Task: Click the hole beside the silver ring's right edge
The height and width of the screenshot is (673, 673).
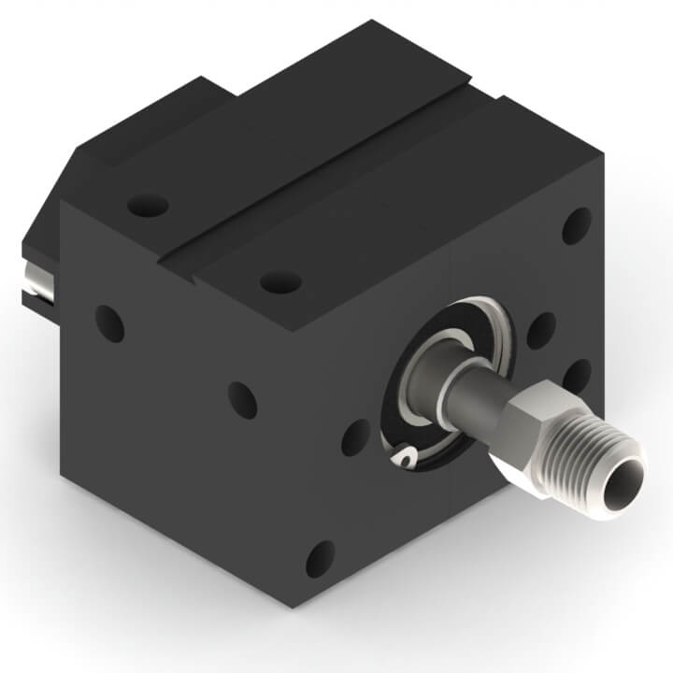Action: [540, 330]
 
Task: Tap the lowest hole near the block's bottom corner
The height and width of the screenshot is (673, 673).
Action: [320, 558]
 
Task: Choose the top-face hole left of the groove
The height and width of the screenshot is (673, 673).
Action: [148, 203]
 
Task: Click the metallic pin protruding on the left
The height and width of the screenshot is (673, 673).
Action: [35, 279]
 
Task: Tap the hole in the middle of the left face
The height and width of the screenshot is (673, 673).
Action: [242, 399]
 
